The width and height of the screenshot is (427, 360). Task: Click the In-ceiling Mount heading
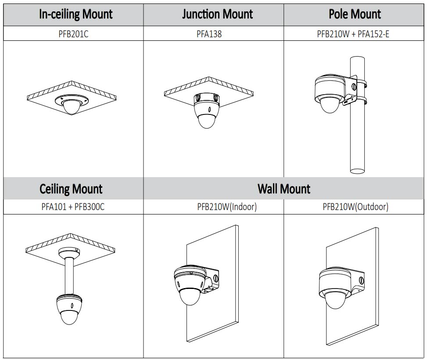[76, 14]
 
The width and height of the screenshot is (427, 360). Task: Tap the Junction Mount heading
[217, 14]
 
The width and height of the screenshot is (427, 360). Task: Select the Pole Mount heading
[355, 14]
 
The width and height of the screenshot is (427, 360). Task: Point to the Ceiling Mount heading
[71, 189]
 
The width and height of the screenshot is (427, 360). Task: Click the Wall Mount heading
[283, 189]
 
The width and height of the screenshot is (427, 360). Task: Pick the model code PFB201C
[73, 34]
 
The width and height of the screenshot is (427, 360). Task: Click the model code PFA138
[209, 34]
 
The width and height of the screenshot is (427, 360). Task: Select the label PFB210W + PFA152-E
[353, 34]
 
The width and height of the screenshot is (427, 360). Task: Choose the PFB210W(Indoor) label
[227, 207]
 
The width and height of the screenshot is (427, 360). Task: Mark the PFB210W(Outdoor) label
[355, 207]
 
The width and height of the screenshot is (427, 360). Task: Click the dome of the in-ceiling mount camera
[70, 107]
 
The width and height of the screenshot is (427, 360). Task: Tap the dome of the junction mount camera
[206, 120]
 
